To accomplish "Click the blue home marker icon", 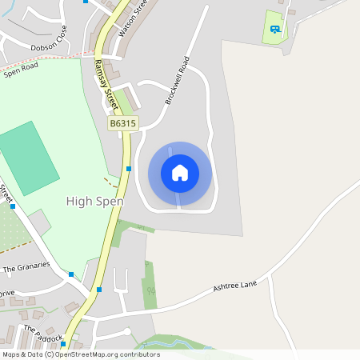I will (180, 173).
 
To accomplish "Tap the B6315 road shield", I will (123, 123).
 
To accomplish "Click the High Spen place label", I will (94, 202).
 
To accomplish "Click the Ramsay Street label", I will (105, 84).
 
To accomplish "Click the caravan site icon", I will (274, 30).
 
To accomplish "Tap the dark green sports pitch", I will (29, 158).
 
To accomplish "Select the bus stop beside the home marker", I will (129, 169).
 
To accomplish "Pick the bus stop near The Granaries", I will (71, 274).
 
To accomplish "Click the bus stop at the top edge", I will (86, 2).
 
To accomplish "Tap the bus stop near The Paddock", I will (62, 344).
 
